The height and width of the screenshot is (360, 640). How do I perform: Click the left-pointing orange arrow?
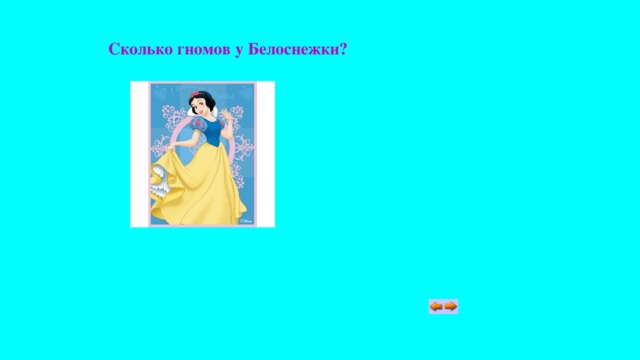[x=437, y=306]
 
